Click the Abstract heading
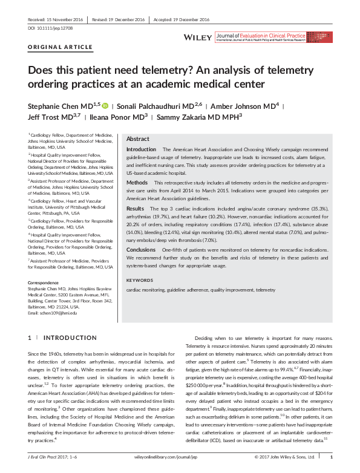tap(137, 139)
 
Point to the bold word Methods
tap(136, 182)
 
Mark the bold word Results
tap(135, 208)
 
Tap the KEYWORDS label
tap(140, 280)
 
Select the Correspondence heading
tap(45, 282)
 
